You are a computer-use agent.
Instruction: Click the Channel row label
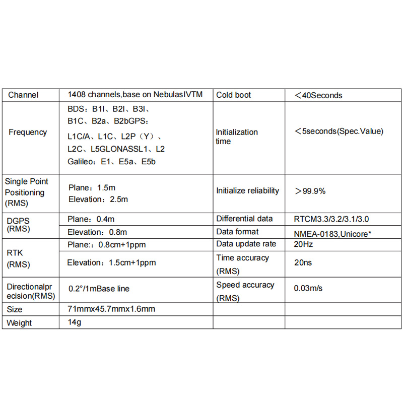point(24,95)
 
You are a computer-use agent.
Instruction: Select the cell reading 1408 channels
point(135,95)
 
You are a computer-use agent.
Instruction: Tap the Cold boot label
point(233,95)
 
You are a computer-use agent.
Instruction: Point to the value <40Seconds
point(318,95)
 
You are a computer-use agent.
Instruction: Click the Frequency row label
point(28,132)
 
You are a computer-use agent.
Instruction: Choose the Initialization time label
point(237,137)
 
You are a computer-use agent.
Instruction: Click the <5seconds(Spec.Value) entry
point(339,131)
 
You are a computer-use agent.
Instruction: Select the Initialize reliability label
point(247,190)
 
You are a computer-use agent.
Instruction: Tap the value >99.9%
point(310,191)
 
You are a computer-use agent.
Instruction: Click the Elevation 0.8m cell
point(97,232)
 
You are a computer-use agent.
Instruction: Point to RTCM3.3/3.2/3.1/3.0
point(334,219)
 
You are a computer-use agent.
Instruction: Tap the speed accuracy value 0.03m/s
point(308,289)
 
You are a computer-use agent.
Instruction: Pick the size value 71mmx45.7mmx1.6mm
point(111,309)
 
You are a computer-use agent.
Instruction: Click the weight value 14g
point(74,322)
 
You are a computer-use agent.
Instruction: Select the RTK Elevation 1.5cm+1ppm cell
point(111,262)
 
